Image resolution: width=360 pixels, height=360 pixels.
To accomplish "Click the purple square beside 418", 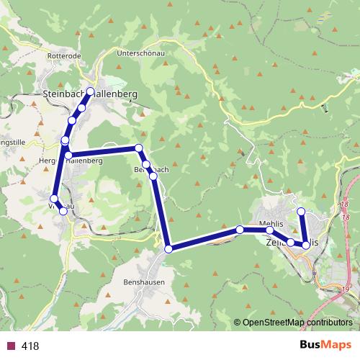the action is (x=10, y=346).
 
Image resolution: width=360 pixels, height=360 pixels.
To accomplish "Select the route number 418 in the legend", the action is (x=30, y=346).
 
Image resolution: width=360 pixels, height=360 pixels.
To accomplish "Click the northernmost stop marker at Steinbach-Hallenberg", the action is (x=91, y=91).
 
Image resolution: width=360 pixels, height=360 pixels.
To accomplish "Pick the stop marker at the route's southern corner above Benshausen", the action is (x=168, y=248).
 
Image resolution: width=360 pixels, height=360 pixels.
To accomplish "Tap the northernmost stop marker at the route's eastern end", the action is (x=302, y=211).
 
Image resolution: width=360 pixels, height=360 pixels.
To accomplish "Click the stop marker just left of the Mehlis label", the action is (x=240, y=230).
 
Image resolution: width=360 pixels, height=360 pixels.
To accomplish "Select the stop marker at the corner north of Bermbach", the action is (x=139, y=148).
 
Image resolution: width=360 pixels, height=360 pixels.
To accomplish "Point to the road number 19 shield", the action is (x=346, y=289).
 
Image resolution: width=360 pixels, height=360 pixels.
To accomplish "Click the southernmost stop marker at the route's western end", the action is (x=63, y=211).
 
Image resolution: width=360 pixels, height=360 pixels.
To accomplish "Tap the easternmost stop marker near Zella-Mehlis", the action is (x=306, y=246).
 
